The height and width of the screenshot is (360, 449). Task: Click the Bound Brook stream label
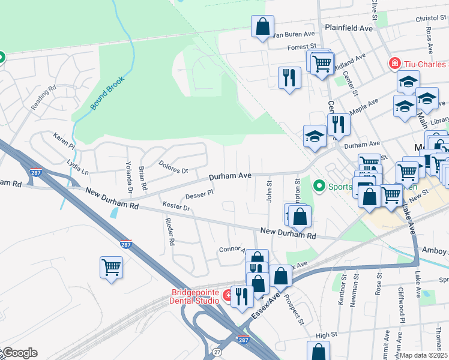[x=107, y=94]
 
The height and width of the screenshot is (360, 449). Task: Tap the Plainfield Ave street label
[x=349, y=28]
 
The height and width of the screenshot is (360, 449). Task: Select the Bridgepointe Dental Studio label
[x=189, y=296]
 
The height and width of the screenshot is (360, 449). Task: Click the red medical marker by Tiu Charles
[x=394, y=63]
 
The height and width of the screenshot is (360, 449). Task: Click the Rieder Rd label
[x=170, y=232]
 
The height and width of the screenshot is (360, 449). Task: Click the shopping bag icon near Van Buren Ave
[x=262, y=26]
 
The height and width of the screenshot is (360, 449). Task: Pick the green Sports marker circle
[x=319, y=186]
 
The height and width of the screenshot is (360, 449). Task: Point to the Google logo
[x=19, y=353]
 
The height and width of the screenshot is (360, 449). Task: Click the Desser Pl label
[x=199, y=194]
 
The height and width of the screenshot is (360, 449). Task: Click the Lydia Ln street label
[x=78, y=167]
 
